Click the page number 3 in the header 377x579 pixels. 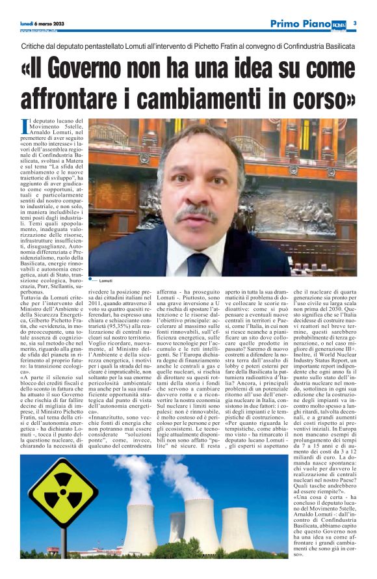[355, 23]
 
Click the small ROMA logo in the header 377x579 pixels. [340, 24]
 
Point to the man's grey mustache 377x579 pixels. [197, 212]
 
